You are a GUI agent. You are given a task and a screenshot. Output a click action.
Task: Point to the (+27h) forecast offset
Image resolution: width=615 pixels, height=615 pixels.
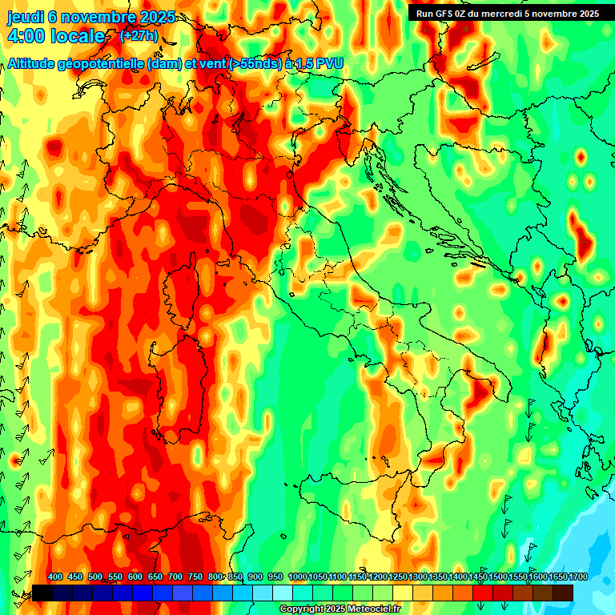pos(139,36)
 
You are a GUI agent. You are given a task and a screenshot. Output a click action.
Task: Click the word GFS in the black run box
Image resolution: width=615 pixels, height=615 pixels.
pos(445,13)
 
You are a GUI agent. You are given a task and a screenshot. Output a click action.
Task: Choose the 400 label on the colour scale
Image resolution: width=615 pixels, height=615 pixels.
pos(55,577)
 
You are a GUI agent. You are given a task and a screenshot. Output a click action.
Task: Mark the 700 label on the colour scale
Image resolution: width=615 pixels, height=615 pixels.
pos(175,577)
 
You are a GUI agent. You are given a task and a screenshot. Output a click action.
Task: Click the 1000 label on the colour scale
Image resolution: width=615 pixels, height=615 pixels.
pos(297,577)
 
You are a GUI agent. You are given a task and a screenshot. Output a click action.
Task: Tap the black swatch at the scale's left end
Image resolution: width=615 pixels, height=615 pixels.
pos(42,593)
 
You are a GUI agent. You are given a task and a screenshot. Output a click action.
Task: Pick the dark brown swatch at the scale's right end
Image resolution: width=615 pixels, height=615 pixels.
pos(563,593)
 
